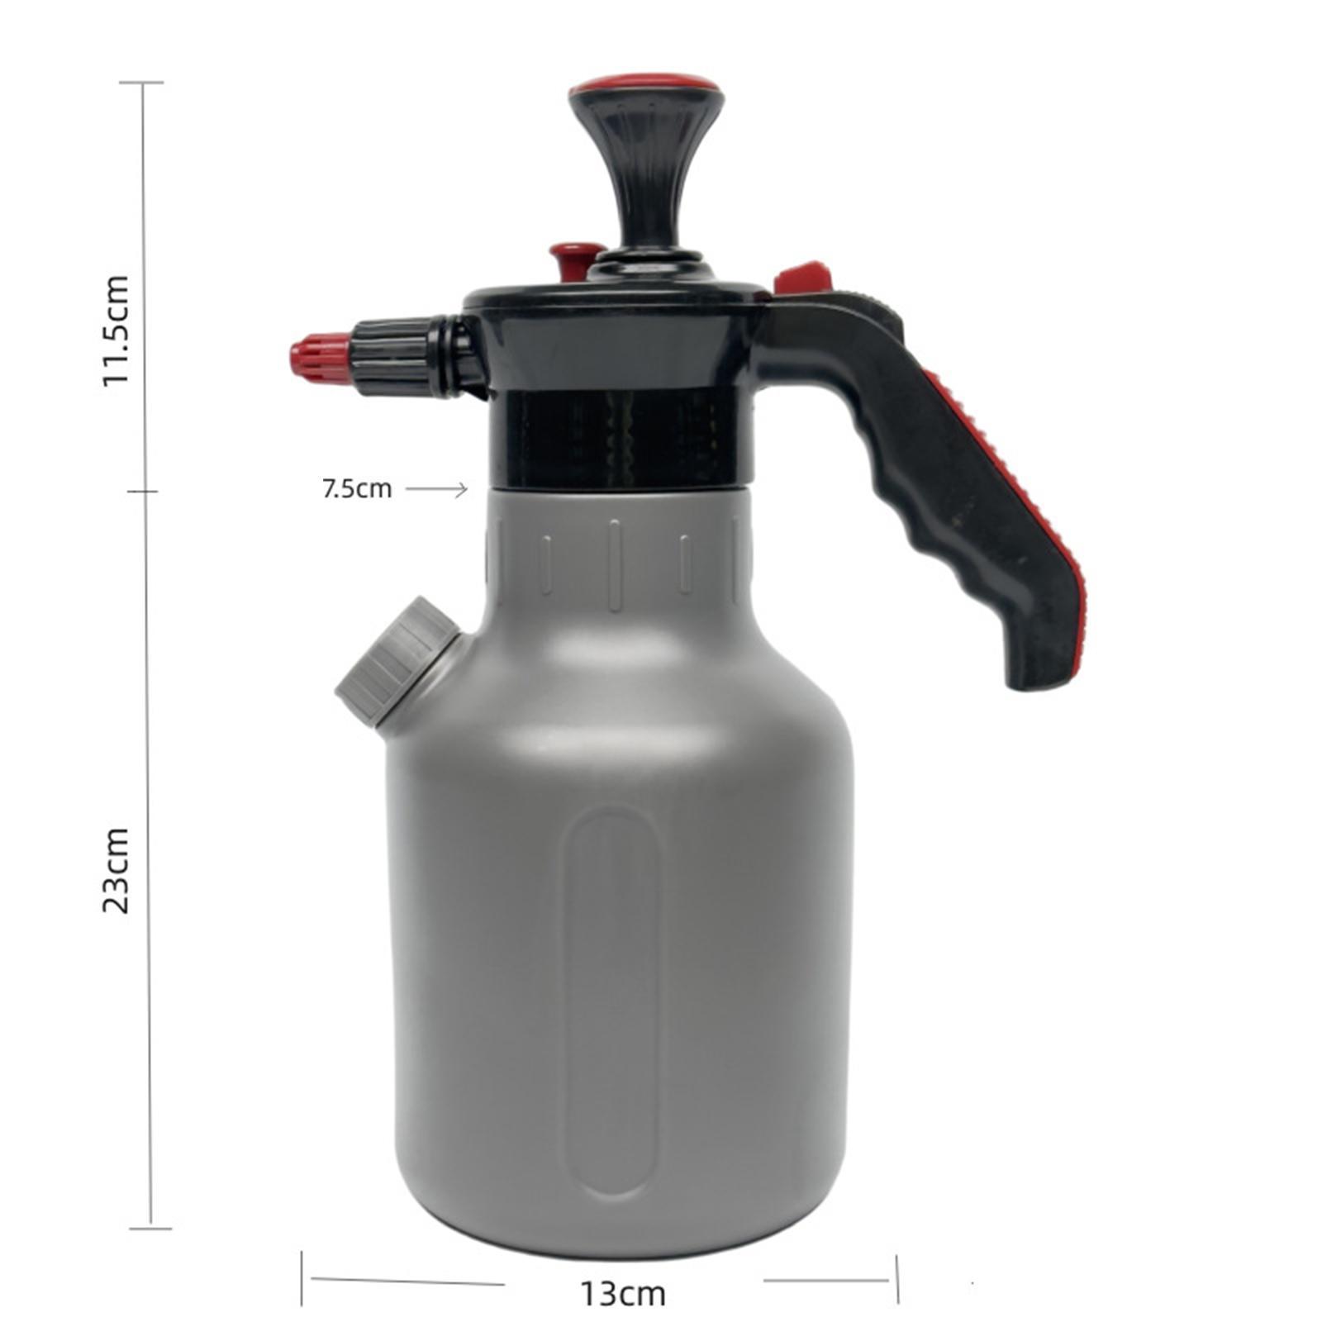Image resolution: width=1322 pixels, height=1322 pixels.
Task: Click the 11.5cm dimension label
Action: [116, 330]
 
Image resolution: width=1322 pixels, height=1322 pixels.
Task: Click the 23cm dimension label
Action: [116, 869]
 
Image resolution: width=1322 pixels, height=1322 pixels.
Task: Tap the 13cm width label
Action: [622, 1293]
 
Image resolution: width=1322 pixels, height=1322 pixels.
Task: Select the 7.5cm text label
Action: [356, 489]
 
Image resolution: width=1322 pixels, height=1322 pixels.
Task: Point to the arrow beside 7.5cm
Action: [436, 490]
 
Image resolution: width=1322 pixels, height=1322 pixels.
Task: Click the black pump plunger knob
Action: [645, 165]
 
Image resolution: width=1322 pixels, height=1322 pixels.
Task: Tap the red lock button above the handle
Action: [802, 277]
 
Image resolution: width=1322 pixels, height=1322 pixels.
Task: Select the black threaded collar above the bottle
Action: [620, 438]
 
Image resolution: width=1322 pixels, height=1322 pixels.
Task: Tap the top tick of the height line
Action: [143, 83]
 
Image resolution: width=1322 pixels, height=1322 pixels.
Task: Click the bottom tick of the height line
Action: [151, 1228]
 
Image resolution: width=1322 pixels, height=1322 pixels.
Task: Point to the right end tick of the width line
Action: [897, 1279]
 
